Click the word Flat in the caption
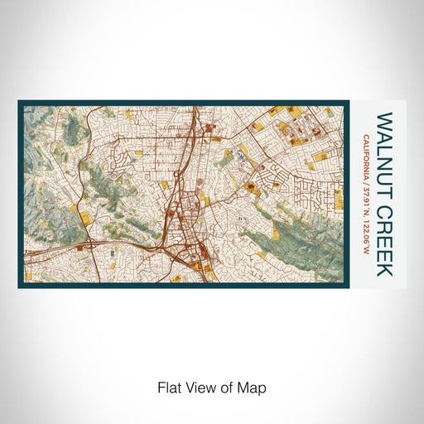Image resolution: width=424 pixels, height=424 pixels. [x=168, y=387]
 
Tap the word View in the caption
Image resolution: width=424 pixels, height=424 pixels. [x=200, y=387]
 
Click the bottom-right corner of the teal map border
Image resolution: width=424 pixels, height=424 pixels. [x=348, y=286]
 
